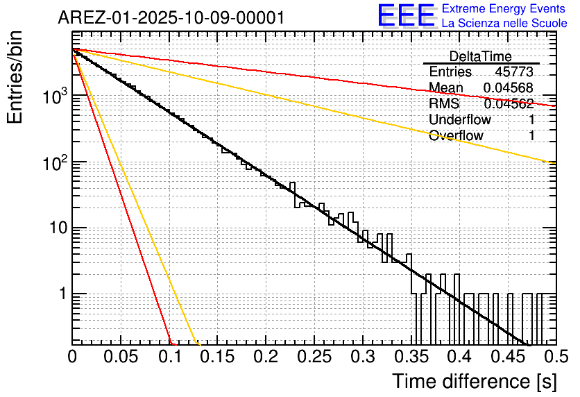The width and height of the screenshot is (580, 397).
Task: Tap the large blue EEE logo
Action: pyautogui.click(x=405, y=16)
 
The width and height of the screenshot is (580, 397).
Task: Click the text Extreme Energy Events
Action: pyautogui.click(x=504, y=9)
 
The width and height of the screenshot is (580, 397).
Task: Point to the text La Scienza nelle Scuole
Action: pyautogui.click(x=504, y=24)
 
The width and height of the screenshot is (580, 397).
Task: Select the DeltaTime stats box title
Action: pyautogui.click(x=481, y=56)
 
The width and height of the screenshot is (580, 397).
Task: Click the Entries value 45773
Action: pyautogui.click(x=513, y=72)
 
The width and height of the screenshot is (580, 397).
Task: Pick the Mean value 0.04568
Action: pyautogui.click(x=508, y=88)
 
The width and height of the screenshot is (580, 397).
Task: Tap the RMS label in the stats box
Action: pyautogui.click(x=444, y=104)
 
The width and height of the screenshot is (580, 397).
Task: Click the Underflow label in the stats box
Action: pyautogui.click(x=460, y=120)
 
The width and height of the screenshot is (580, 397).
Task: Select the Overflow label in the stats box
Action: pyautogui.click(x=456, y=136)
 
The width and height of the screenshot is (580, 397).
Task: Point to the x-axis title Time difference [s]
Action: pyautogui.click(x=473, y=381)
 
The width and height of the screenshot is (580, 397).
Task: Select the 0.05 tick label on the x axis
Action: pyautogui.click(x=121, y=357)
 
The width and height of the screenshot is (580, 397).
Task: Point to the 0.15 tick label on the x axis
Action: pyautogui.click(x=217, y=357)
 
